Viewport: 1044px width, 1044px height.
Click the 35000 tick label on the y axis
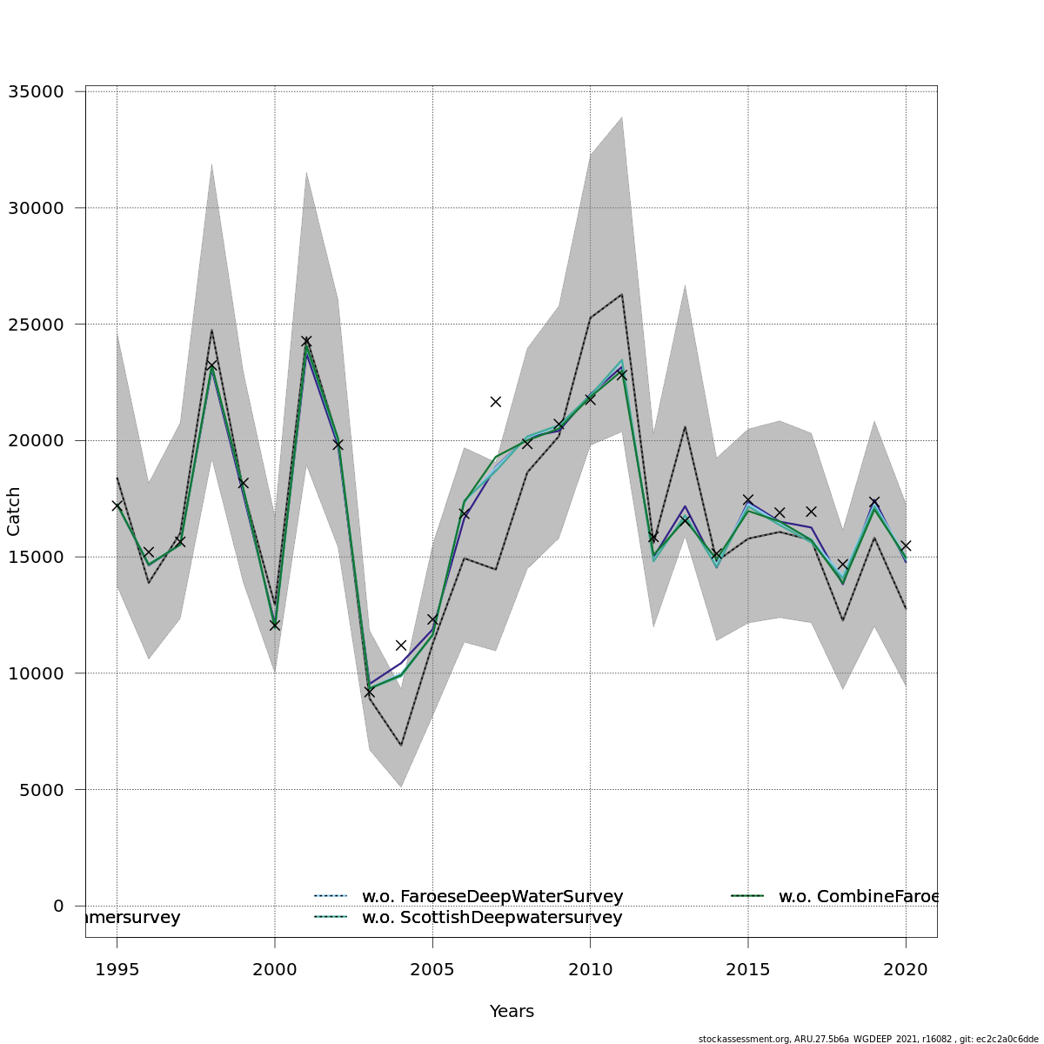click(x=36, y=91)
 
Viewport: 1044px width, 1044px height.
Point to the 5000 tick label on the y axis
click(x=41, y=790)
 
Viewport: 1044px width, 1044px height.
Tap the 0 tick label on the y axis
click(x=58, y=906)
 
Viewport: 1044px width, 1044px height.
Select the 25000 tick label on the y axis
click(x=36, y=325)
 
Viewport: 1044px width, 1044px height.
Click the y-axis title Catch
click(x=14, y=512)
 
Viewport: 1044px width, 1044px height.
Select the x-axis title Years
click(x=512, y=1012)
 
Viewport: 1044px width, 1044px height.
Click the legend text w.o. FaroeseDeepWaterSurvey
click(x=492, y=896)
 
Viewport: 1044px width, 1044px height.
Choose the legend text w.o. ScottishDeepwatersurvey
click(x=492, y=918)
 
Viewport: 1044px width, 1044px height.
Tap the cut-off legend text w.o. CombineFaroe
click(x=858, y=896)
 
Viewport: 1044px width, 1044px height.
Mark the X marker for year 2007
click(x=496, y=402)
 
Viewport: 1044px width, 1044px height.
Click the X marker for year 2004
click(x=401, y=646)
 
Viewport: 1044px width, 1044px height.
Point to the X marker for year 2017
click(x=811, y=512)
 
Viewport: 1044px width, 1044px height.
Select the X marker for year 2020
click(x=906, y=545)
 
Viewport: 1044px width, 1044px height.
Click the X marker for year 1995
click(x=117, y=505)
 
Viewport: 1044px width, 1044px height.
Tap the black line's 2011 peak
click(x=621, y=294)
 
